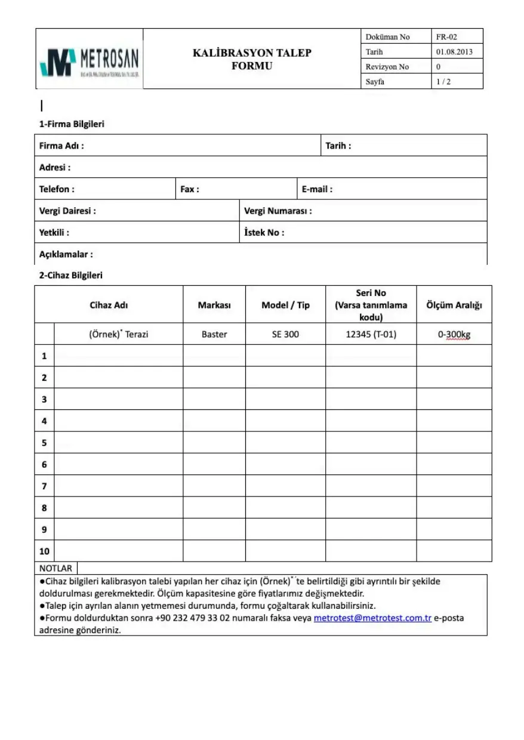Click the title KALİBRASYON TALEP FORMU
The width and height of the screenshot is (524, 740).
(x=252, y=59)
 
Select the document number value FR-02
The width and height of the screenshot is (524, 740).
(x=446, y=37)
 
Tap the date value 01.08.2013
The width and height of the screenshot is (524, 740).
(x=454, y=52)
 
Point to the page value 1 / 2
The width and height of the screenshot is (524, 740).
(x=443, y=82)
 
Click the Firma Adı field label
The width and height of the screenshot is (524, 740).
(x=61, y=146)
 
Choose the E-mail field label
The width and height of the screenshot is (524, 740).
(x=317, y=189)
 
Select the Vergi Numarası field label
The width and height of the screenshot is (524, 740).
(x=278, y=211)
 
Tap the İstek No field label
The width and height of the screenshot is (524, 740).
(x=264, y=233)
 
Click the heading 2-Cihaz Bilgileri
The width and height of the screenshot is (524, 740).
(x=71, y=276)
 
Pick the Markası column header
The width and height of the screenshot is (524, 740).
(x=214, y=305)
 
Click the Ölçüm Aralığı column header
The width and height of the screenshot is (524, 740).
(x=454, y=305)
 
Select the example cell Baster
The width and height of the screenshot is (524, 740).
(x=214, y=334)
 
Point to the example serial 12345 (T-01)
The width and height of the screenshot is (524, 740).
(x=371, y=334)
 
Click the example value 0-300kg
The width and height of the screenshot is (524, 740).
(x=454, y=334)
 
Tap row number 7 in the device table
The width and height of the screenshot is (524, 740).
(x=44, y=486)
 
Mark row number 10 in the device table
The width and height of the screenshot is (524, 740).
(x=44, y=551)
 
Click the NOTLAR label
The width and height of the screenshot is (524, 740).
(x=56, y=568)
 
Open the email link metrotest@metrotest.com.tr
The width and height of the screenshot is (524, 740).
(x=372, y=618)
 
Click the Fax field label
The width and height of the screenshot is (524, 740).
(x=190, y=189)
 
